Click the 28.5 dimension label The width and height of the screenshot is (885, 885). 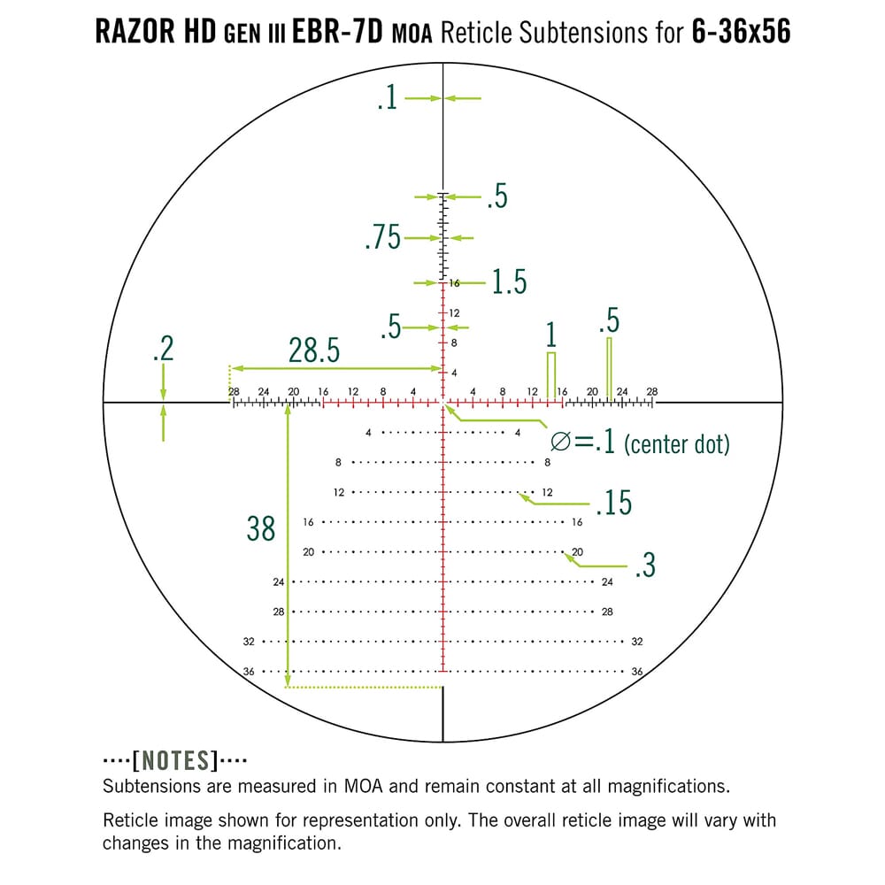314,351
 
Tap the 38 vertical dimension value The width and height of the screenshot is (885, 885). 261,529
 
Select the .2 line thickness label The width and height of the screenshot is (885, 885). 163,349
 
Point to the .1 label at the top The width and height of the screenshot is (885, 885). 387,98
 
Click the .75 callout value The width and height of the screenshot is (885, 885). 382,238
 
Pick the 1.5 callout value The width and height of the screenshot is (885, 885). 509,282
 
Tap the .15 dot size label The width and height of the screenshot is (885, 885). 613,503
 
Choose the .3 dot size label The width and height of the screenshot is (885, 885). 645,566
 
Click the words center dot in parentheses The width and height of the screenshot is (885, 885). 677,444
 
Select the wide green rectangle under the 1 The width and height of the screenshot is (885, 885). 551,376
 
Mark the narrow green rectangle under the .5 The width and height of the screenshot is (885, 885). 609,369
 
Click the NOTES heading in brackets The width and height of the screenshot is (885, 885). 174,760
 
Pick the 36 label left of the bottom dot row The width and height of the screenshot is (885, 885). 249,672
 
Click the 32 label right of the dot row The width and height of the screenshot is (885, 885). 637,642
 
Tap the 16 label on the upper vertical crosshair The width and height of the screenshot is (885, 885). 454,284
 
